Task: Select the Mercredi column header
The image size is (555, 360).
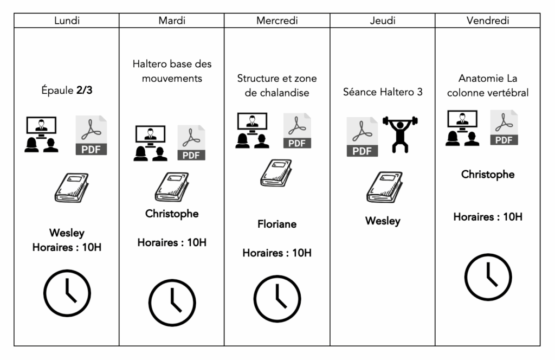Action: [277, 21]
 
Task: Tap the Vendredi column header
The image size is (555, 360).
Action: [487, 21]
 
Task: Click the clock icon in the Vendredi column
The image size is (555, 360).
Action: [488, 277]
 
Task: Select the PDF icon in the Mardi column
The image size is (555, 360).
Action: [191, 143]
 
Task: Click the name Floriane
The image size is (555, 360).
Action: [277, 224]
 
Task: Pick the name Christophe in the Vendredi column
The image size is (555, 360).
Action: [488, 175]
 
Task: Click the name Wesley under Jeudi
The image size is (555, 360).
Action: [383, 221]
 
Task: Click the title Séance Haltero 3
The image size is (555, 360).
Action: [383, 92]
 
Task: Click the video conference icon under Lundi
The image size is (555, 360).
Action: [42, 134]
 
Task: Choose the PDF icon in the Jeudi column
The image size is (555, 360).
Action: [362, 138]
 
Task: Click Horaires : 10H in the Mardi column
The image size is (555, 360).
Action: [172, 242]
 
